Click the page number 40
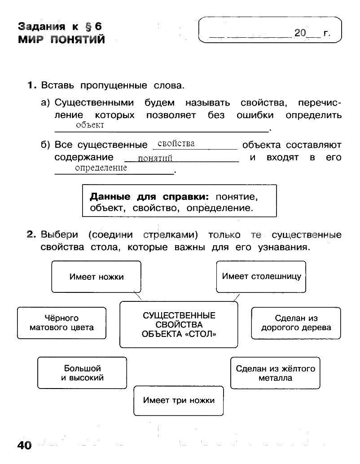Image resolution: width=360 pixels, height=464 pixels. tap(24, 445)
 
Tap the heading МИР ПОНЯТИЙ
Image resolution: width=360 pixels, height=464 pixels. tap(61, 40)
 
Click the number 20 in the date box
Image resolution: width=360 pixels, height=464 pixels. tap(300, 32)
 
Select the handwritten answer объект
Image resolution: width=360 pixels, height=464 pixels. tap(90, 125)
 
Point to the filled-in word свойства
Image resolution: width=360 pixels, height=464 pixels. tap(176, 144)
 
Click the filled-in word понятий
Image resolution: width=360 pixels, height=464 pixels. tap(155, 158)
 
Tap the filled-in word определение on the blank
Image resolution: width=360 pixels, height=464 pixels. tap(101, 168)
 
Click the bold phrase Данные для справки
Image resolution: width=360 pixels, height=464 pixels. tap(149, 196)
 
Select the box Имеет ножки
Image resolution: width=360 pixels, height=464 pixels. tap(96, 277)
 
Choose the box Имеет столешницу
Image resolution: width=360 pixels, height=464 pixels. tap(261, 277)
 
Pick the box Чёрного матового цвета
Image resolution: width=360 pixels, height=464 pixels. tap(61, 323)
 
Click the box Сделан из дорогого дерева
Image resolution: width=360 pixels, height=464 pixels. tap(296, 323)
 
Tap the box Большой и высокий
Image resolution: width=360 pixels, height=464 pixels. tap(82, 373)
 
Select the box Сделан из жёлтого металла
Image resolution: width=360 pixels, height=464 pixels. tap(275, 373)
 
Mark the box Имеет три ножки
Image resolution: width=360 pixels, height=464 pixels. tap(178, 401)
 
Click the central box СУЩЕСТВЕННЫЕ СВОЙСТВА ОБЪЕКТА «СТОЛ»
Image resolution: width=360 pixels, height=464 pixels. tap(179, 325)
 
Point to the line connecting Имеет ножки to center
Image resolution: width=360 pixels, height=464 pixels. tap(137, 295)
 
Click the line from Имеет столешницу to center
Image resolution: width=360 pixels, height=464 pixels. tap(237, 298)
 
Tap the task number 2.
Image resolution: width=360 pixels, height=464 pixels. tap(31, 234)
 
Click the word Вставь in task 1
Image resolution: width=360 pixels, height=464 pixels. tap(57, 85)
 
